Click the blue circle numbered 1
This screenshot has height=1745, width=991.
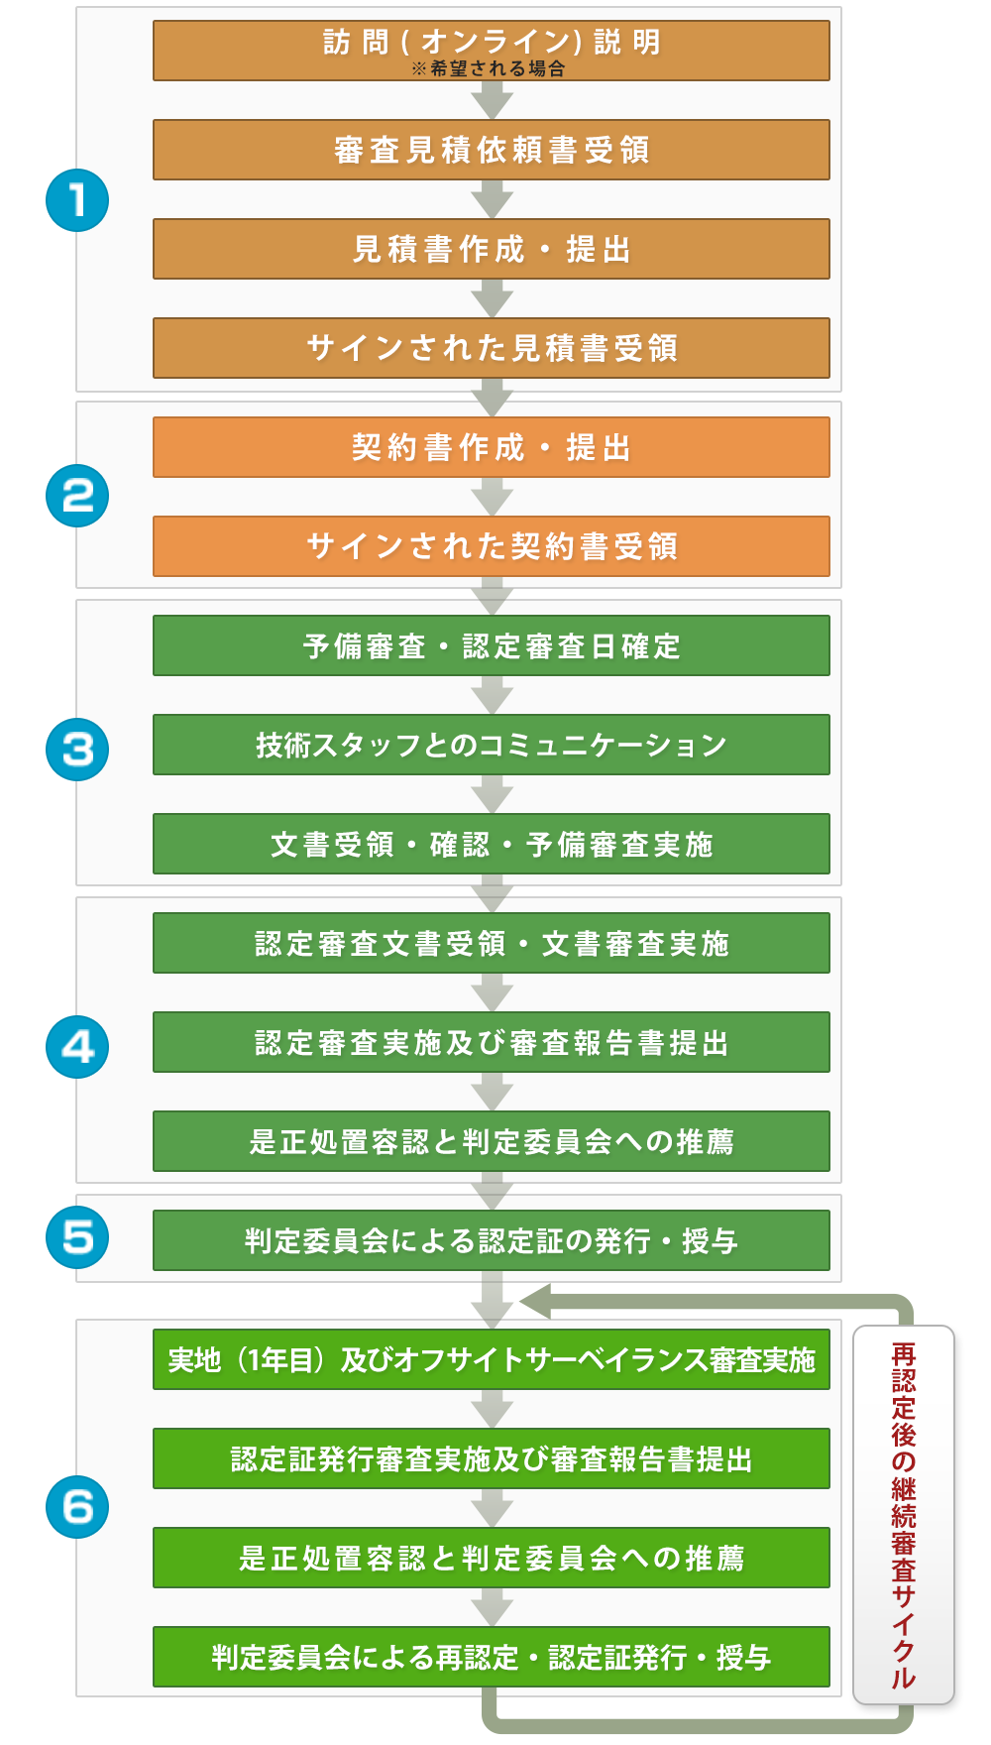(77, 200)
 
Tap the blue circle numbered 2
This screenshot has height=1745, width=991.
(77, 496)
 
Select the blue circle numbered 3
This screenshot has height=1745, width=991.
(77, 749)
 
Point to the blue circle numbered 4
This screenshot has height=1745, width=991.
(77, 1047)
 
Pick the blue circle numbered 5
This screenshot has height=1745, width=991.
(77, 1237)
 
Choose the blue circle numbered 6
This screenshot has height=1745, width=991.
(77, 1507)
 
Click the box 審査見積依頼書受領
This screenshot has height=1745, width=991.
(492, 150)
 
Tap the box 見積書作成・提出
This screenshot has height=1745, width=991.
(492, 249)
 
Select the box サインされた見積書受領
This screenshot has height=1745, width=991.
(492, 348)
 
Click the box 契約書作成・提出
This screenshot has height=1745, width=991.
(492, 447)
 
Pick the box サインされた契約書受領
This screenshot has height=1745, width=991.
(492, 546)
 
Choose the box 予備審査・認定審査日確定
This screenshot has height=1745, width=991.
(492, 645)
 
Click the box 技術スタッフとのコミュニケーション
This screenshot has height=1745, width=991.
(492, 745)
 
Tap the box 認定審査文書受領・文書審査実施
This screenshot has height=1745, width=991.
(492, 943)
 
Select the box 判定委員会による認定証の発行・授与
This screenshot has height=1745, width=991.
(492, 1240)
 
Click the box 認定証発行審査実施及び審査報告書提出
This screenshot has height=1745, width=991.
(492, 1458)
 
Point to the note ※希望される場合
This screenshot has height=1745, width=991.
(489, 68)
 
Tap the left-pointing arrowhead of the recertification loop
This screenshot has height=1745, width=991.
(535, 1302)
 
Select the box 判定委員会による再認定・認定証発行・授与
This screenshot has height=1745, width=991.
(492, 1657)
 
